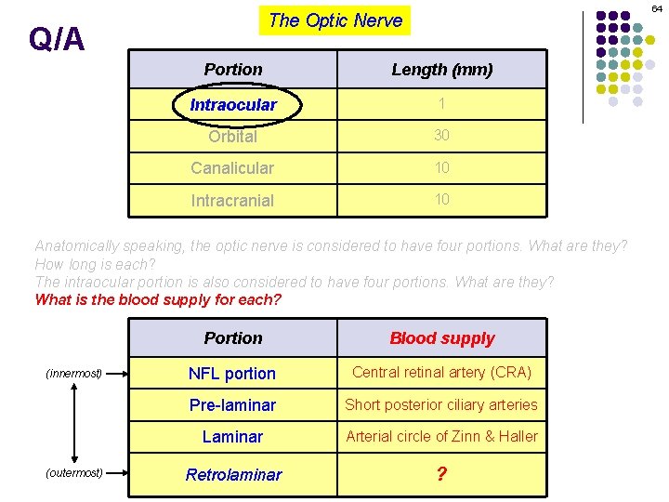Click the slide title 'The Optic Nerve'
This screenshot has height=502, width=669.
click(x=335, y=20)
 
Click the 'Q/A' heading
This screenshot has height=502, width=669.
click(x=57, y=39)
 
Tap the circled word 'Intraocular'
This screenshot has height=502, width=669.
click(x=233, y=105)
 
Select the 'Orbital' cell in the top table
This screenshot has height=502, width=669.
click(x=232, y=137)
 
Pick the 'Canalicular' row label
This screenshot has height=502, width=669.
click(x=232, y=168)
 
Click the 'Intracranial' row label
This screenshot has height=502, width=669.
click(x=232, y=200)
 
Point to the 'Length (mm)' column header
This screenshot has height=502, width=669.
click(x=442, y=70)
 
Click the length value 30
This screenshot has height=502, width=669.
click(x=442, y=136)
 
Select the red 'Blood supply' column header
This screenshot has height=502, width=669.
click(x=442, y=338)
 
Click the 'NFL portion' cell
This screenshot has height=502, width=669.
click(x=232, y=374)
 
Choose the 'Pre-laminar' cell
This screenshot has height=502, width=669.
click(x=232, y=405)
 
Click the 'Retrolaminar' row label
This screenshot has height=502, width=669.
click(x=233, y=475)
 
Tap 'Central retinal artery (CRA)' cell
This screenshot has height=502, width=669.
click(x=442, y=373)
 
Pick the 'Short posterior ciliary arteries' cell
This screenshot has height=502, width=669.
click(x=442, y=404)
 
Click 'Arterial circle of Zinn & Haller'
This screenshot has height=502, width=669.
click(x=442, y=436)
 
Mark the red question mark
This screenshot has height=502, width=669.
click(x=442, y=474)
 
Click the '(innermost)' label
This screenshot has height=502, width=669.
click(x=74, y=374)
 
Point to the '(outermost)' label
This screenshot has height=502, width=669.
click(x=74, y=472)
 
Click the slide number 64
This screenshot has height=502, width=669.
click(x=657, y=8)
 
